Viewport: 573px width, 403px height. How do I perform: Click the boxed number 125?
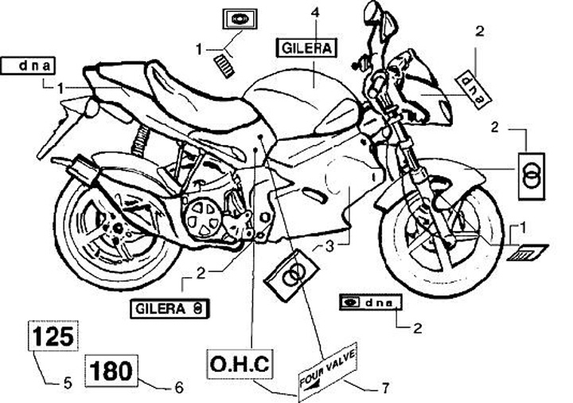click(54, 335)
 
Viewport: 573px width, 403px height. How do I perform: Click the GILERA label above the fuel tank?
click(306, 48)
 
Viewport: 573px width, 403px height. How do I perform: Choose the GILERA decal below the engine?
click(170, 307)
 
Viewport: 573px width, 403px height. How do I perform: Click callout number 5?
click(68, 384)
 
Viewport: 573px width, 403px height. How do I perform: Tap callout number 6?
click(178, 388)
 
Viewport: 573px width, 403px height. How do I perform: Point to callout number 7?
click(385, 389)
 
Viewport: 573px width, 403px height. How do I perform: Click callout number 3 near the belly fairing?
click(330, 247)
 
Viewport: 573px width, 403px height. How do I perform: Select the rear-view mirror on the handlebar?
click(371, 14)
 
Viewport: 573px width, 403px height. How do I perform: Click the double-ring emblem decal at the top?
click(236, 21)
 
